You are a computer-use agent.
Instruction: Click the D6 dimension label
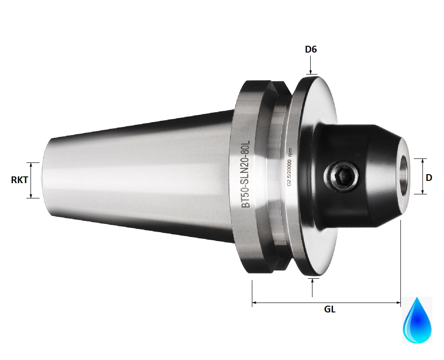pos(311,49)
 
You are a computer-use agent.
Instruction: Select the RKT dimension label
pos(19,180)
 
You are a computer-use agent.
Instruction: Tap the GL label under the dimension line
pos(330,309)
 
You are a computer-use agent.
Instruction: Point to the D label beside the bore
pos(429,178)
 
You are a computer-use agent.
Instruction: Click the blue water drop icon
pos(417,320)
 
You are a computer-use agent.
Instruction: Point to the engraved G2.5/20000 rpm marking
pos(290,167)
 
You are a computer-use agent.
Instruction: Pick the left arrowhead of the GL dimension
pos(255,303)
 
